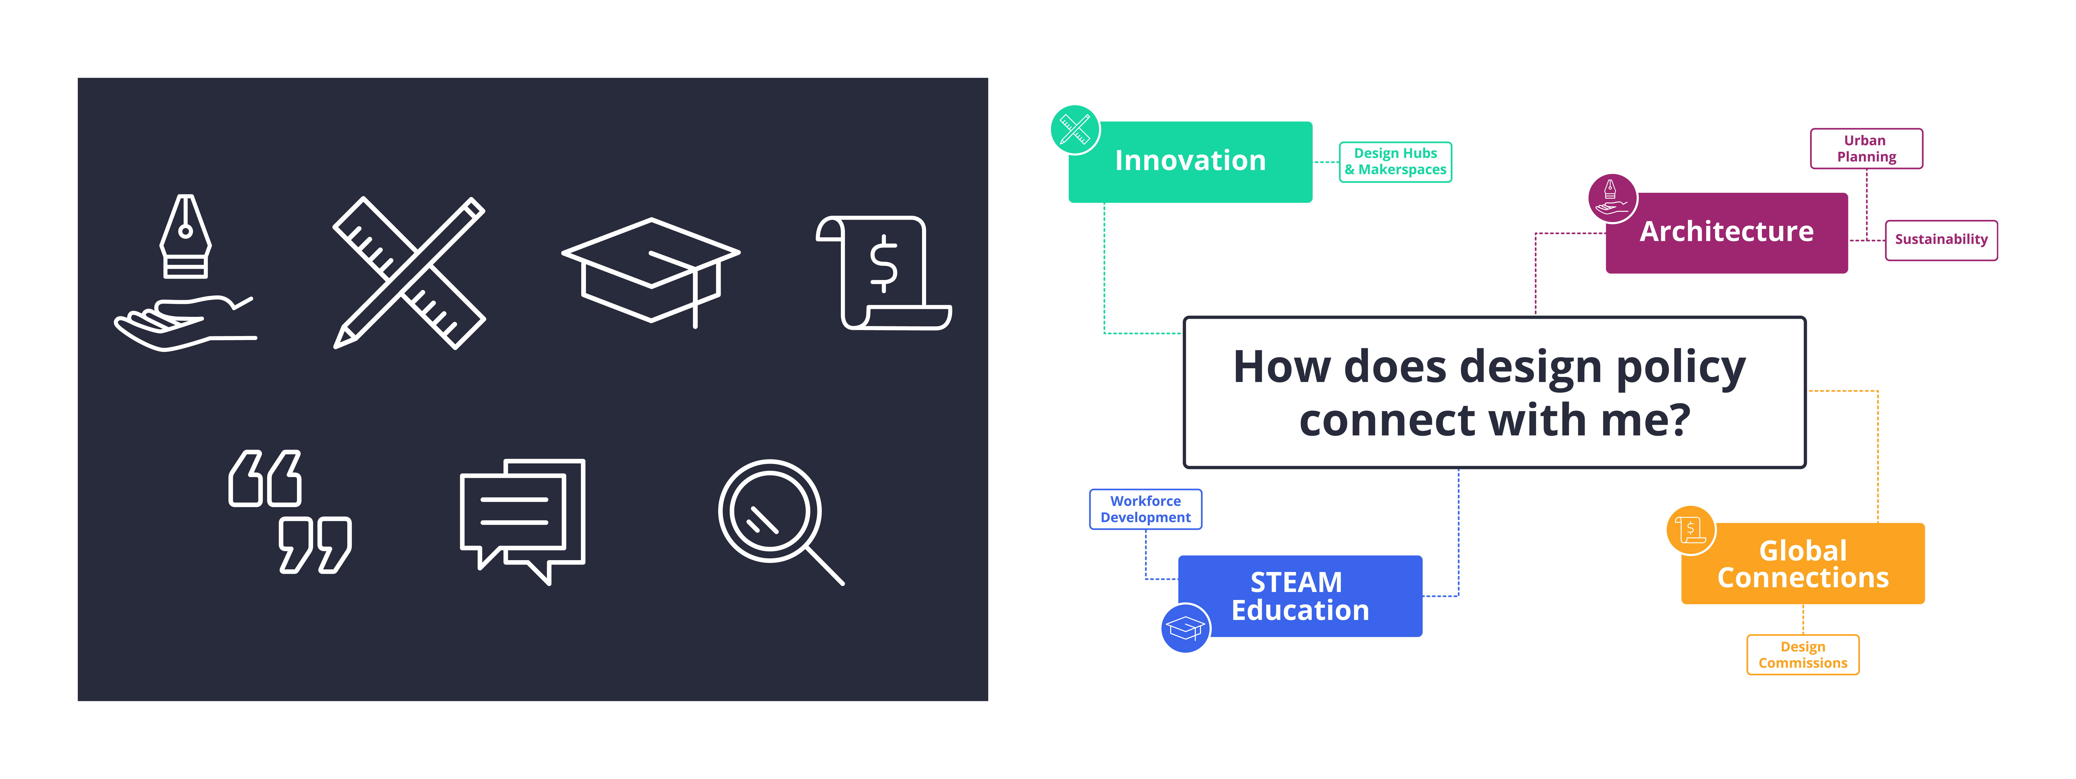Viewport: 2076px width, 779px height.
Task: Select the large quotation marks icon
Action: tap(290, 511)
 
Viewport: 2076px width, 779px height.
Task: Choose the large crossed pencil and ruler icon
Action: tap(409, 272)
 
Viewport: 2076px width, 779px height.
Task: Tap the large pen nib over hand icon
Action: tap(185, 272)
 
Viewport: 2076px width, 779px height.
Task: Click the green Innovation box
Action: tap(1190, 161)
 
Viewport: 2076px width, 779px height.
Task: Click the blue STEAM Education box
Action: tap(1300, 596)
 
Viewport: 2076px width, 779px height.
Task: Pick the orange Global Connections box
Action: tap(1803, 564)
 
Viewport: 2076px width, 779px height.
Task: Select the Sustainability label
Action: tap(1941, 240)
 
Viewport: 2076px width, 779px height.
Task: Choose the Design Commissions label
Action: tap(1803, 655)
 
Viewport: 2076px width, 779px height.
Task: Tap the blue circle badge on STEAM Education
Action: tap(1185, 627)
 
